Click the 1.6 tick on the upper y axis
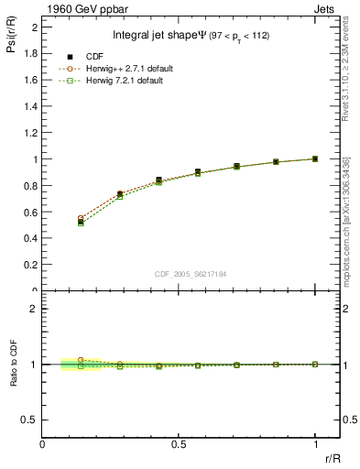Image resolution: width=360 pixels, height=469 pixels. pos(30,80)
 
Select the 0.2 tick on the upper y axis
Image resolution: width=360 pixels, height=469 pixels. pos(30,266)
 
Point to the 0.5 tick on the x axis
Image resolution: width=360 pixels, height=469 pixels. pos(179,442)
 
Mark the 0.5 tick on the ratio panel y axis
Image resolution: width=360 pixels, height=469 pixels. pos(30,420)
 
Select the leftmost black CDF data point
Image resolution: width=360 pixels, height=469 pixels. pos(81,222)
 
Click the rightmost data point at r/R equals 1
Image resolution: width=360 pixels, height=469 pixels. pos(315,158)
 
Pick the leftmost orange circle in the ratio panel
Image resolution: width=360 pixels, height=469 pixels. pos(81,360)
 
